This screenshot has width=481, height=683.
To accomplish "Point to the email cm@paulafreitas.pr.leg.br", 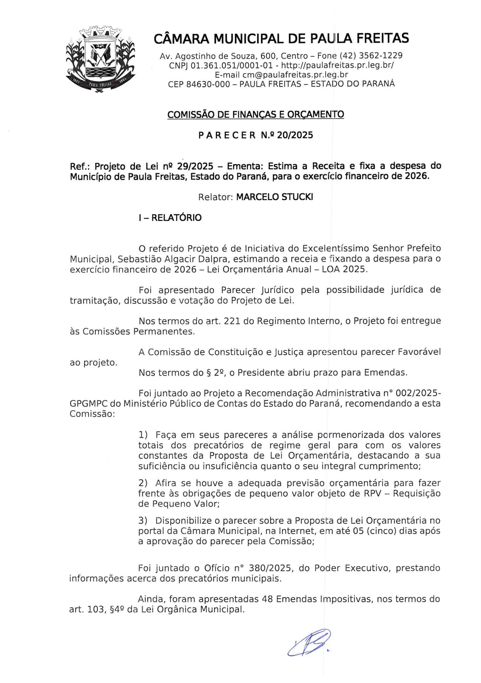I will [x=295, y=75].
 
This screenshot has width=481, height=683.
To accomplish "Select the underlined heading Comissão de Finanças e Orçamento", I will [x=256, y=114].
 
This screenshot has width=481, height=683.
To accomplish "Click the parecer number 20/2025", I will [x=295, y=135].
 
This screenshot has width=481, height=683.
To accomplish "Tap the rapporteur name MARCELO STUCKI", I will [x=274, y=197].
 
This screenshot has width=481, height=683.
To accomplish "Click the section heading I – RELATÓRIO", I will [x=170, y=218].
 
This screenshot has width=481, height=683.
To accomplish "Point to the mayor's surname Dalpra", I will [x=214, y=259].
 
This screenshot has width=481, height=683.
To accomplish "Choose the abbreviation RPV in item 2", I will [x=372, y=493].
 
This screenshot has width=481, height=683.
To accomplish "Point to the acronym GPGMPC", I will [x=88, y=404].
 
